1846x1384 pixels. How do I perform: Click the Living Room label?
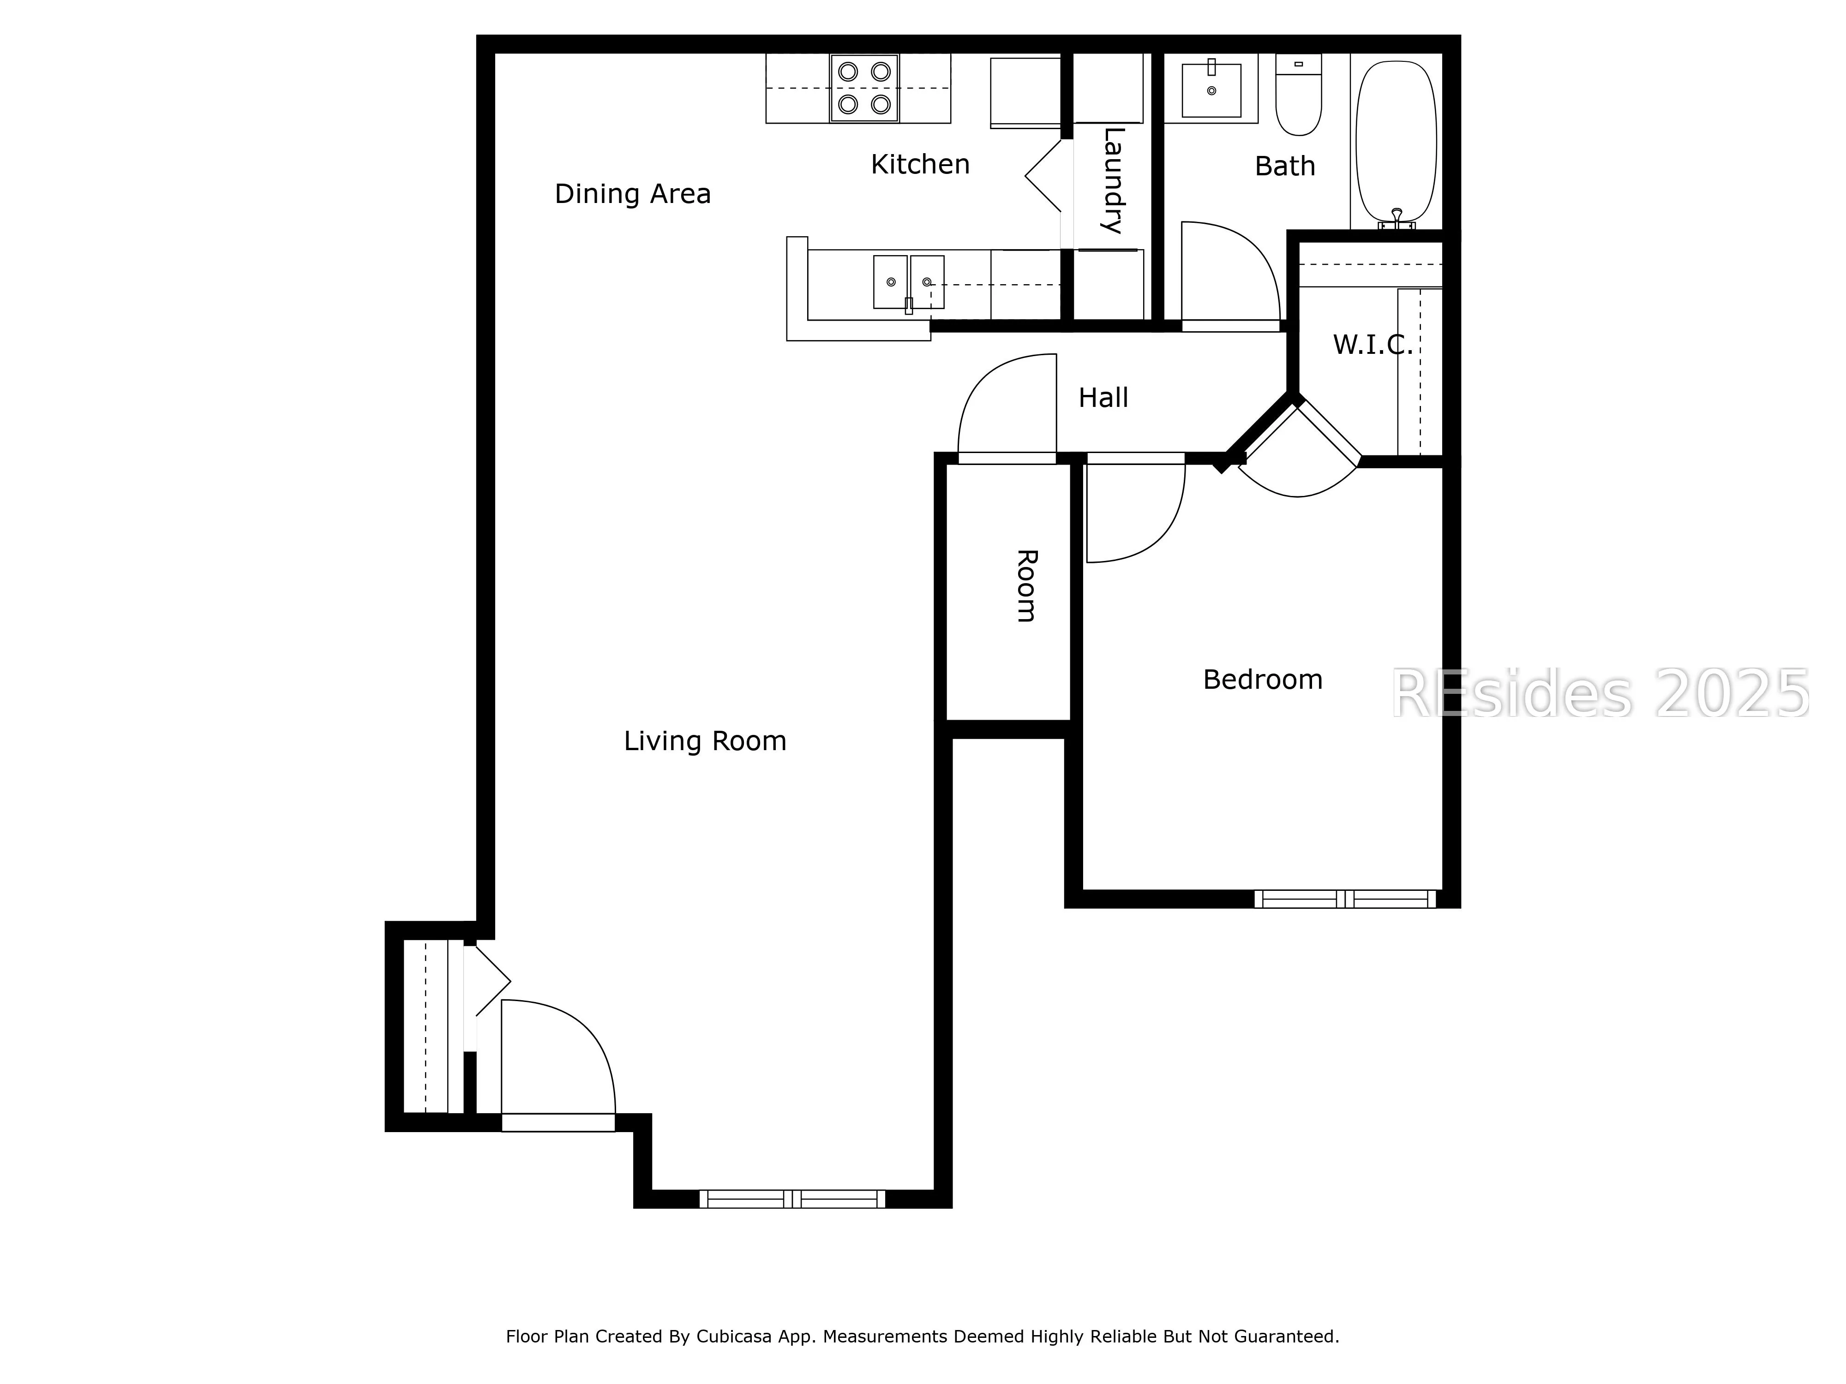click(705, 741)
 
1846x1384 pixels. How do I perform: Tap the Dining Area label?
click(633, 194)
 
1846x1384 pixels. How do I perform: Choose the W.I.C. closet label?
click(1373, 345)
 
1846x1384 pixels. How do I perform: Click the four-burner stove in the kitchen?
click(864, 89)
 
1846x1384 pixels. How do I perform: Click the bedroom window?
click(1344, 899)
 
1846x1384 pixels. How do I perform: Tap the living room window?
click(792, 1199)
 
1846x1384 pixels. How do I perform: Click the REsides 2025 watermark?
click(1600, 694)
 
